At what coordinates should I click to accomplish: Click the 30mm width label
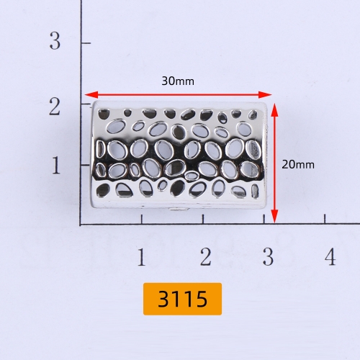click(x=178, y=81)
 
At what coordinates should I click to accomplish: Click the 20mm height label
click(x=298, y=164)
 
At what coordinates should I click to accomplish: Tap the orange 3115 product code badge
click(x=182, y=299)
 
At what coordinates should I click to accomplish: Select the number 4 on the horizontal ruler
click(x=330, y=256)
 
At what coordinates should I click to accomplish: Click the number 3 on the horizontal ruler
click(x=268, y=256)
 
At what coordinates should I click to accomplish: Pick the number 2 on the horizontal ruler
click(x=206, y=256)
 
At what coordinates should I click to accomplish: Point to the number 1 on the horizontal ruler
click(x=142, y=257)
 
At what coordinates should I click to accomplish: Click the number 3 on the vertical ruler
click(x=55, y=40)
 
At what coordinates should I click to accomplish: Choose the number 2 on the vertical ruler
click(x=55, y=107)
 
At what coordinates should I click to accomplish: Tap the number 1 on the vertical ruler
click(x=56, y=165)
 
